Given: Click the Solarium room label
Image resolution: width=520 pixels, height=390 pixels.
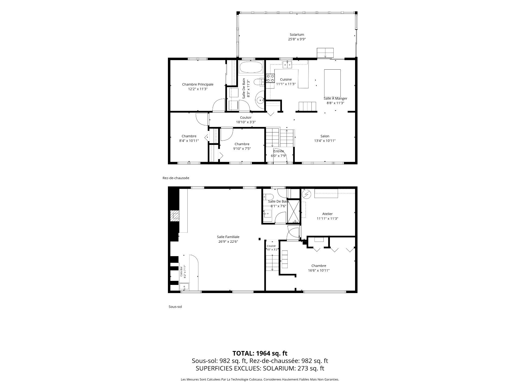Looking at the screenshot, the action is click(x=297, y=35).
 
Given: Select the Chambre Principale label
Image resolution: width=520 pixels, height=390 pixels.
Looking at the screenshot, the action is click(x=198, y=84).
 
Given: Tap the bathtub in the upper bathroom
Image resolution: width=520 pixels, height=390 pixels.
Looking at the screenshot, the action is click(x=251, y=67).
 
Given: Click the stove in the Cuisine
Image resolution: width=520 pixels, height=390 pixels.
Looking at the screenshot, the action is click(x=270, y=78).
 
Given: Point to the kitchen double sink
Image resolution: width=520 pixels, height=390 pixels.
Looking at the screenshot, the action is click(x=287, y=64).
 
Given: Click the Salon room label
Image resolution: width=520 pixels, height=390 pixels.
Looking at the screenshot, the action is click(x=325, y=136).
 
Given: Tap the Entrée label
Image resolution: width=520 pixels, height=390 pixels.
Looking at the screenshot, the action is click(x=279, y=151).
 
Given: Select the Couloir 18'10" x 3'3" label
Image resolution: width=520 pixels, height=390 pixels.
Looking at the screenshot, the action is click(x=246, y=120).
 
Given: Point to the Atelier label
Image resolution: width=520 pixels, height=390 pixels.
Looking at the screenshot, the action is click(x=327, y=214).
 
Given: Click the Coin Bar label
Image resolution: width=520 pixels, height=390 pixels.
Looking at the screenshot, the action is click(x=181, y=271).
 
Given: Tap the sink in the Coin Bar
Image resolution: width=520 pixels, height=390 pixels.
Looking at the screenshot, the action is click(x=184, y=287).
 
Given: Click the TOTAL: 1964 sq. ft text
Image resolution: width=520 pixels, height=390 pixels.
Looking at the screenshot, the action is click(x=260, y=353).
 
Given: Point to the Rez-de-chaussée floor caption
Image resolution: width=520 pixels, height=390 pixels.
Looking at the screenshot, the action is click(x=176, y=178).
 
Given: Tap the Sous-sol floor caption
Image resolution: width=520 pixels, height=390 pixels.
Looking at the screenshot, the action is click(x=175, y=307).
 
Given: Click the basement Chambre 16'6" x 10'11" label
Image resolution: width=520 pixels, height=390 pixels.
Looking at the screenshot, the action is click(x=319, y=268).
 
